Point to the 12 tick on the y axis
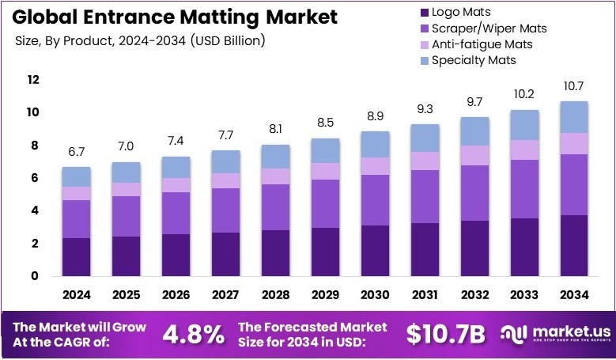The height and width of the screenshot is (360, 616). pos(32,80)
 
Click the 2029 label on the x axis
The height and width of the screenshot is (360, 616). pos(325,295)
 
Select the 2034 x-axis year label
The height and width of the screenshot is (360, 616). pos(574,295)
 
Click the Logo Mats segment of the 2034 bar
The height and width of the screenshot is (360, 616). pos(574,245)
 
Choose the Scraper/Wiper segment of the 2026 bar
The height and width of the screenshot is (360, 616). pos(176,213)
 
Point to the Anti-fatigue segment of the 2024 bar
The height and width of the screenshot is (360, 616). pos(76,193)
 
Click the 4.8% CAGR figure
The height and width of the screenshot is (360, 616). pos(193,334)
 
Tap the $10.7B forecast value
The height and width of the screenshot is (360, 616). pos(445,334)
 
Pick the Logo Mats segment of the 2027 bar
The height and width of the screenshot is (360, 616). pos(225,254)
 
